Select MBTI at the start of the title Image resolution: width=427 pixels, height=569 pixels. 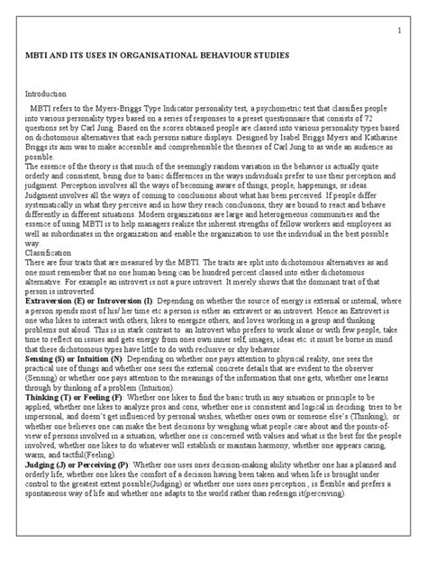(x=42, y=56)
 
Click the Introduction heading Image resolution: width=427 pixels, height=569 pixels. (x=49, y=93)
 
